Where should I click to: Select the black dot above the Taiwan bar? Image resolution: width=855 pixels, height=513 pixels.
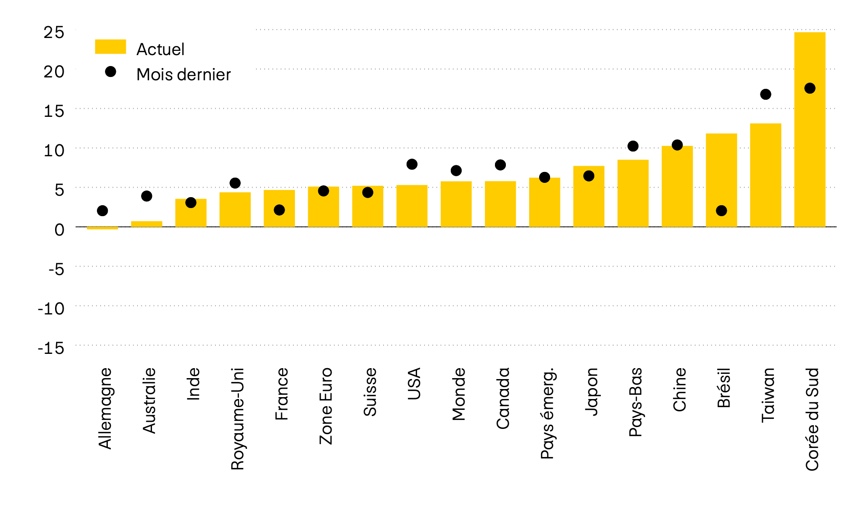click(765, 95)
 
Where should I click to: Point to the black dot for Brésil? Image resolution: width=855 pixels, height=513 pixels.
click(721, 210)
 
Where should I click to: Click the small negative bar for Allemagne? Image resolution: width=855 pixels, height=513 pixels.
click(102, 228)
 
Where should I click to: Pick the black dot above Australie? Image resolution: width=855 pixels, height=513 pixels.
click(146, 196)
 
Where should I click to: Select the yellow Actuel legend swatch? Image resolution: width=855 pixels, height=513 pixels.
click(110, 47)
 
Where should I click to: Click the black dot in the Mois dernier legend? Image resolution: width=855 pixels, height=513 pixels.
click(110, 72)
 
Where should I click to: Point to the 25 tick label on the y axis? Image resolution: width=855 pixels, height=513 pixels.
click(53, 32)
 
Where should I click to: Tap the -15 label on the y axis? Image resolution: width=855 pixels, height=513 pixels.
click(51, 348)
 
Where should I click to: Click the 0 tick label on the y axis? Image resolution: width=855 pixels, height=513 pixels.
click(59, 230)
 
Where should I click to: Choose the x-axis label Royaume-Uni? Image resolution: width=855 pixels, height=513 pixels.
click(237, 418)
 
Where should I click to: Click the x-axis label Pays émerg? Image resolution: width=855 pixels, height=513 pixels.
click(547, 413)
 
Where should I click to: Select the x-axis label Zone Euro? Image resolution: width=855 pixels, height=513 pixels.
click(325, 406)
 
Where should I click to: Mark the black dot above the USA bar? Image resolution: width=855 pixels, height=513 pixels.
click(412, 164)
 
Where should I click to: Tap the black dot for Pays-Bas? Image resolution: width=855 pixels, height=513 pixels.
click(633, 146)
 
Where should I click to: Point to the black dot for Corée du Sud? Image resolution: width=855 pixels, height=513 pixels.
click(809, 88)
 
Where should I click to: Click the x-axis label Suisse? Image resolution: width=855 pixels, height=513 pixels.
click(370, 392)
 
